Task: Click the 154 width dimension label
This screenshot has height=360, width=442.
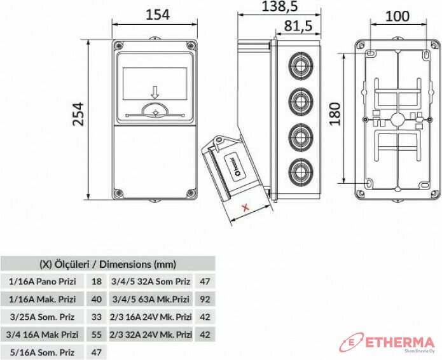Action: point(158,15)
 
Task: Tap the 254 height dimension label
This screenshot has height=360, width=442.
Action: point(78,114)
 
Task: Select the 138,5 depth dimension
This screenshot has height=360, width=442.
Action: point(280,6)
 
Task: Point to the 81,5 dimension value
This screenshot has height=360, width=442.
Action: point(298,25)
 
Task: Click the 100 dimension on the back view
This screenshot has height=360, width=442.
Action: point(397,17)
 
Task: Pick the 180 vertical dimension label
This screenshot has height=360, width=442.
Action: point(335,114)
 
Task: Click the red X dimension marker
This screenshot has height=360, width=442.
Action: point(246,208)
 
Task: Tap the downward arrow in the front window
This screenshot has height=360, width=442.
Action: point(155,93)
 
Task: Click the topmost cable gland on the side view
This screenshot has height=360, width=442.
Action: point(300,66)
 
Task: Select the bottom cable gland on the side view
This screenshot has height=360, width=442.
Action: point(300,172)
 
